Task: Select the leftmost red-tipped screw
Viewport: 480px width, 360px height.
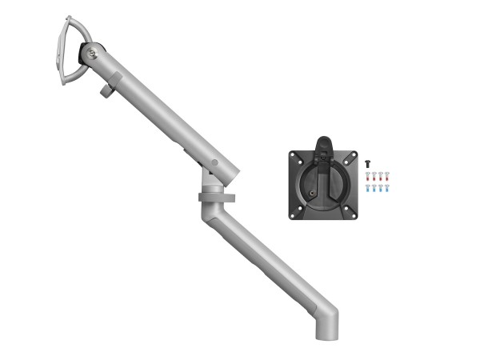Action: coord(368,175)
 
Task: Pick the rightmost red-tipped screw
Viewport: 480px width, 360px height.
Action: coord(387,175)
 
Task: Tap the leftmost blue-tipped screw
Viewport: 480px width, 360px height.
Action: coord(368,189)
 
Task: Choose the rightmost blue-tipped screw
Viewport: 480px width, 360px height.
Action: coord(387,189)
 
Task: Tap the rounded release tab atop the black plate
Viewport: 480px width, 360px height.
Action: coord(324,142)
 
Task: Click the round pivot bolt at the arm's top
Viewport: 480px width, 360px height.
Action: coord(95,55)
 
